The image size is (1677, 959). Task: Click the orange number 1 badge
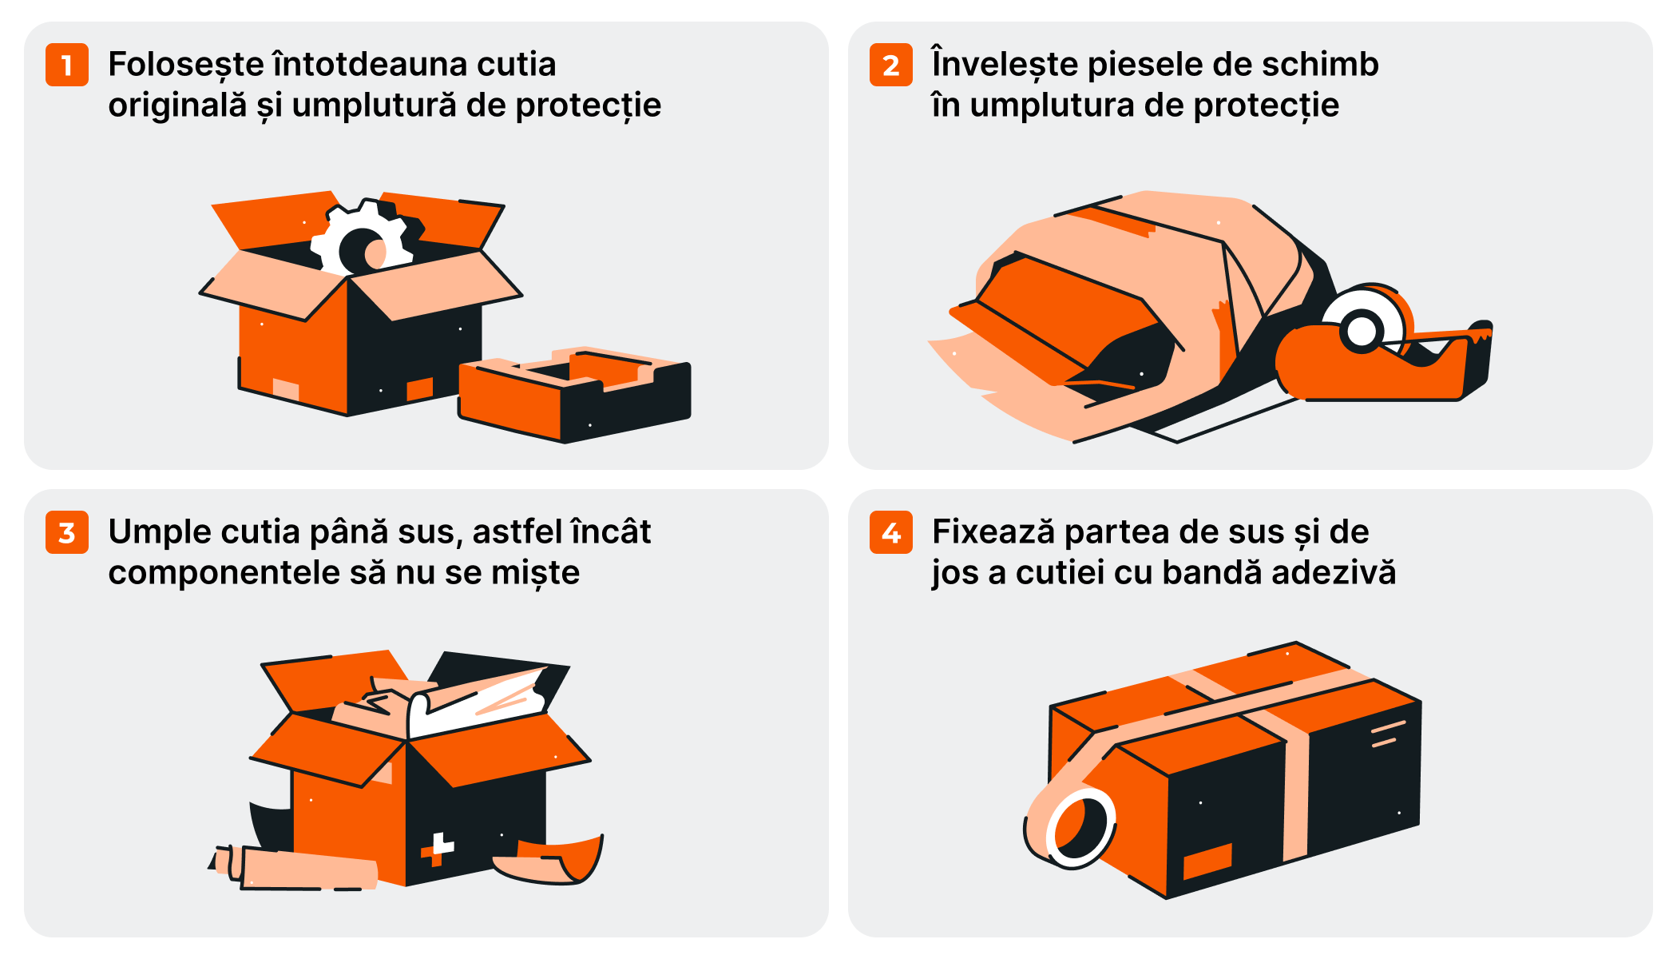tap(67, 65)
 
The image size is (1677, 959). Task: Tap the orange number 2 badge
tap(891, 65)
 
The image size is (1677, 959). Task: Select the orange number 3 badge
tap(67, 532)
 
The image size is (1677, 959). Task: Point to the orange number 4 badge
tap(891, 532)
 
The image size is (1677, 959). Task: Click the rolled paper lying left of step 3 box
tap(295, 869)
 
